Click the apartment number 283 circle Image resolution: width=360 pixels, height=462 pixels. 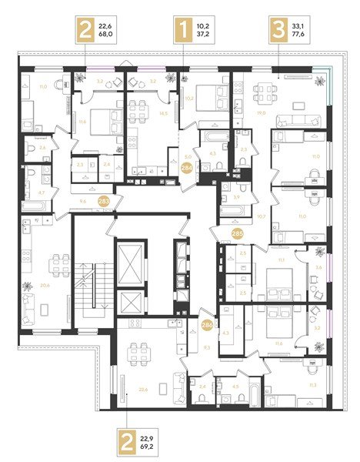(105, 202)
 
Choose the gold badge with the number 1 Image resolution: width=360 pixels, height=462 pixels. (183, 33)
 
